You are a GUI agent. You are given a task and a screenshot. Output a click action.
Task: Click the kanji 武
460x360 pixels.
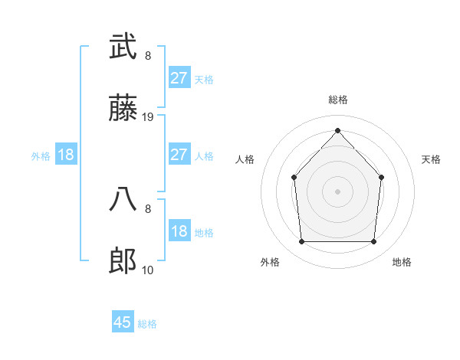click(x=123, y=47)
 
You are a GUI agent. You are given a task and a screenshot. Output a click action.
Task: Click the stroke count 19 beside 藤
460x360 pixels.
click(x=149, y=117)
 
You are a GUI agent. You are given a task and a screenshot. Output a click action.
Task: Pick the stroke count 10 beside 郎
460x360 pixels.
click(x=148, y=270)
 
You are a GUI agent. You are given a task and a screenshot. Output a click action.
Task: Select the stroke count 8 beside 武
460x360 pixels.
click(x=148, y=55)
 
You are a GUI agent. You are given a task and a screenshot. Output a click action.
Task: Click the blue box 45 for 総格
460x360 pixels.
click(x=123, y=322)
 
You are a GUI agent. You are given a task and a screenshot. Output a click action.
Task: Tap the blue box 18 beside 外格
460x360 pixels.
click(x=66, y=155)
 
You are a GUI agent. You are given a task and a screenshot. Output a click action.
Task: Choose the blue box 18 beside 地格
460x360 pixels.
click(x=179, y=231)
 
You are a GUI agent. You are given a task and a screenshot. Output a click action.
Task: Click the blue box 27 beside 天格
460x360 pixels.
click(x=179, y=78)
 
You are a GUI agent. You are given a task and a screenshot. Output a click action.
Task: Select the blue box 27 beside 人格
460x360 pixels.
click(x=179, y=155)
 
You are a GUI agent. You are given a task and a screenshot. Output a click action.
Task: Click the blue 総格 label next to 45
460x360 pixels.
click(x=147, y=324)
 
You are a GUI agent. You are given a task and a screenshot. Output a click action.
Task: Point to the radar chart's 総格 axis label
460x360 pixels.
click(x=337, y=100)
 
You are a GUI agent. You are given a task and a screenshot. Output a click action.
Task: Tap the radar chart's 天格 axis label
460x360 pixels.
click(x=431, y=159)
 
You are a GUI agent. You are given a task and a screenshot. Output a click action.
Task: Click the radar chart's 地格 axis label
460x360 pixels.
click(x=402, y=262)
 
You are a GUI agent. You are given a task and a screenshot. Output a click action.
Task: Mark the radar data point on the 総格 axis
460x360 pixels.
click(x=337, y=130)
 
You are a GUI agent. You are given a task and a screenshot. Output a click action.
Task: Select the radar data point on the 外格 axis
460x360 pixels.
click(x=301, y=242)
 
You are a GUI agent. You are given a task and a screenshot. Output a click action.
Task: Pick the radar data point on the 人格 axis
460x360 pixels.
click(x=294, y=178)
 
